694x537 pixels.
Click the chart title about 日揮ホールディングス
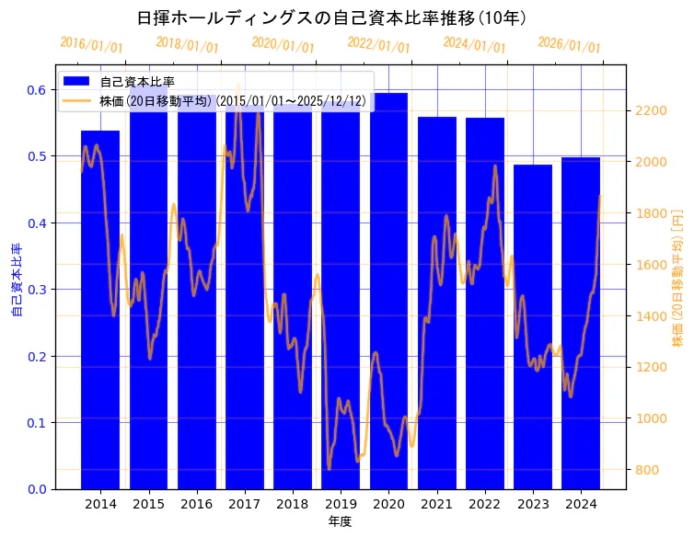click(x=331, y=18)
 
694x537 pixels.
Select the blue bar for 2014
click(x=100, y=313)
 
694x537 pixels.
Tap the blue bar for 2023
click(x=533, y=331)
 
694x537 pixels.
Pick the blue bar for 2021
click(x=437, y=303)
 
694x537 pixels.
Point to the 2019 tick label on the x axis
click(x=341, y=504)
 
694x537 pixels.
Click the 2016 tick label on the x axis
click(x=196, y=504)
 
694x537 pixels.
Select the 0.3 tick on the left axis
click(x=37, y=290)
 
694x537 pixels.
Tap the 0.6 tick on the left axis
click(x=37, y=90)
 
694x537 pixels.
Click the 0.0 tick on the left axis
click(x=37, y=489)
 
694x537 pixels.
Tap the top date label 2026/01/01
click(x=569, y=45)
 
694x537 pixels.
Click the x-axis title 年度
click(x=340, y=521)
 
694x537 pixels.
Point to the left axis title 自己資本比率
click(x=16, y=280)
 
